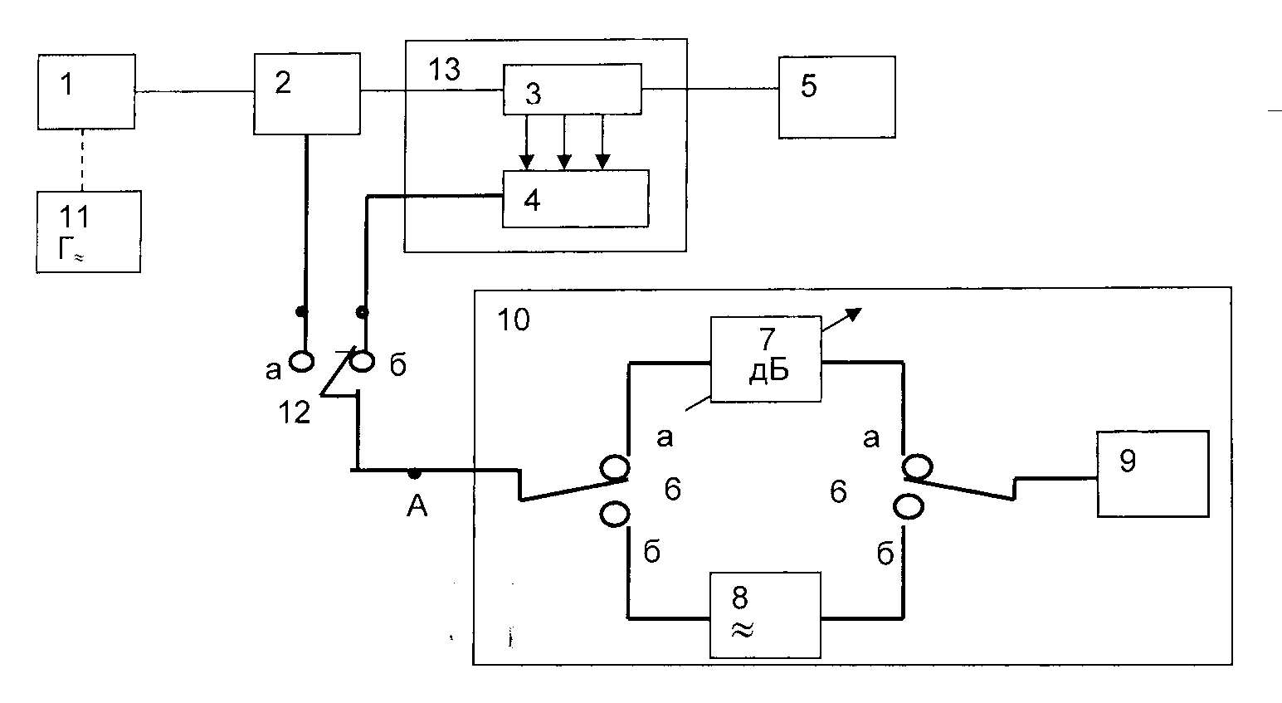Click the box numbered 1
tap(86, 91)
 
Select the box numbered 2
tap(307, 94)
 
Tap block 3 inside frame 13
tap(573, 89)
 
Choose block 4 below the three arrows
tap(576, 198)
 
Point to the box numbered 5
tap(836, 97)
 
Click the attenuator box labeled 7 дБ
tap(766, 359)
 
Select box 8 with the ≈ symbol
tap(765, 615)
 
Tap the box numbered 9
tap(1153, 474)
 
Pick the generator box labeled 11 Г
tap(89, 232)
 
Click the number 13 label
tap(444, 69)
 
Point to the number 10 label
tap(514, 320)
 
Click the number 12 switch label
tap(295, 413)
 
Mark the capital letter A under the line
tap(417, 506)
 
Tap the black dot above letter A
tap(414, 473)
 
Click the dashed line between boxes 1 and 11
tap(82, 160)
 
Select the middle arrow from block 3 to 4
tap(564, 142)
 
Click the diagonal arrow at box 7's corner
tap(841, 320)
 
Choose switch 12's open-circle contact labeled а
tap(301, 362)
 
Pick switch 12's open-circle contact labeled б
tap(362, 362)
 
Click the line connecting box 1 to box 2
tap(195, 91)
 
